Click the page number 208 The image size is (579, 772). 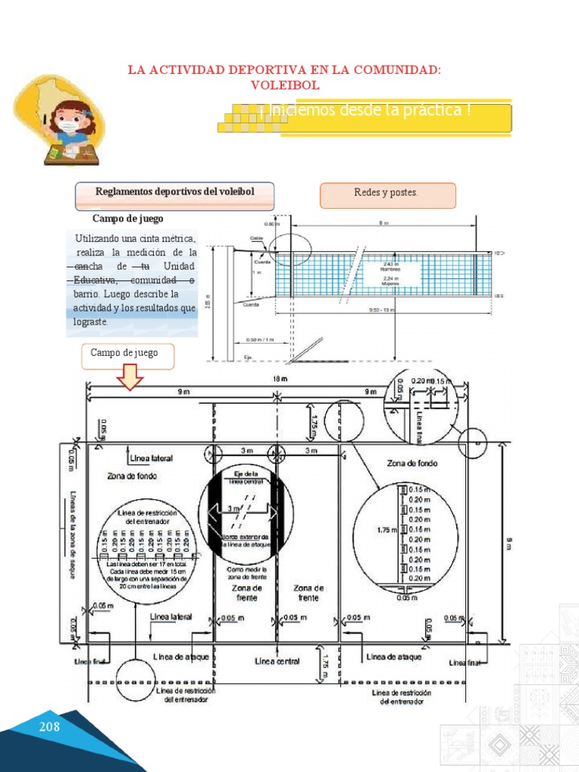pos(49,727)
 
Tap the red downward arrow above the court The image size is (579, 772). pos(130,378)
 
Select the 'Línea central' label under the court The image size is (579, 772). pos(277,661)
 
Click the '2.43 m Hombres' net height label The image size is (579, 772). pos(391,266)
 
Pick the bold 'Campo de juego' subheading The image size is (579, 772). pos(128,219)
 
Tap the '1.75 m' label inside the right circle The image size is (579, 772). pos(385,530)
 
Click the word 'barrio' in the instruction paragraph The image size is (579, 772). pos(87,294)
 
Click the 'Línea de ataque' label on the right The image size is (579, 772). pos(394,657)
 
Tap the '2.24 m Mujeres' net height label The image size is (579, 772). pos(391,280)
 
